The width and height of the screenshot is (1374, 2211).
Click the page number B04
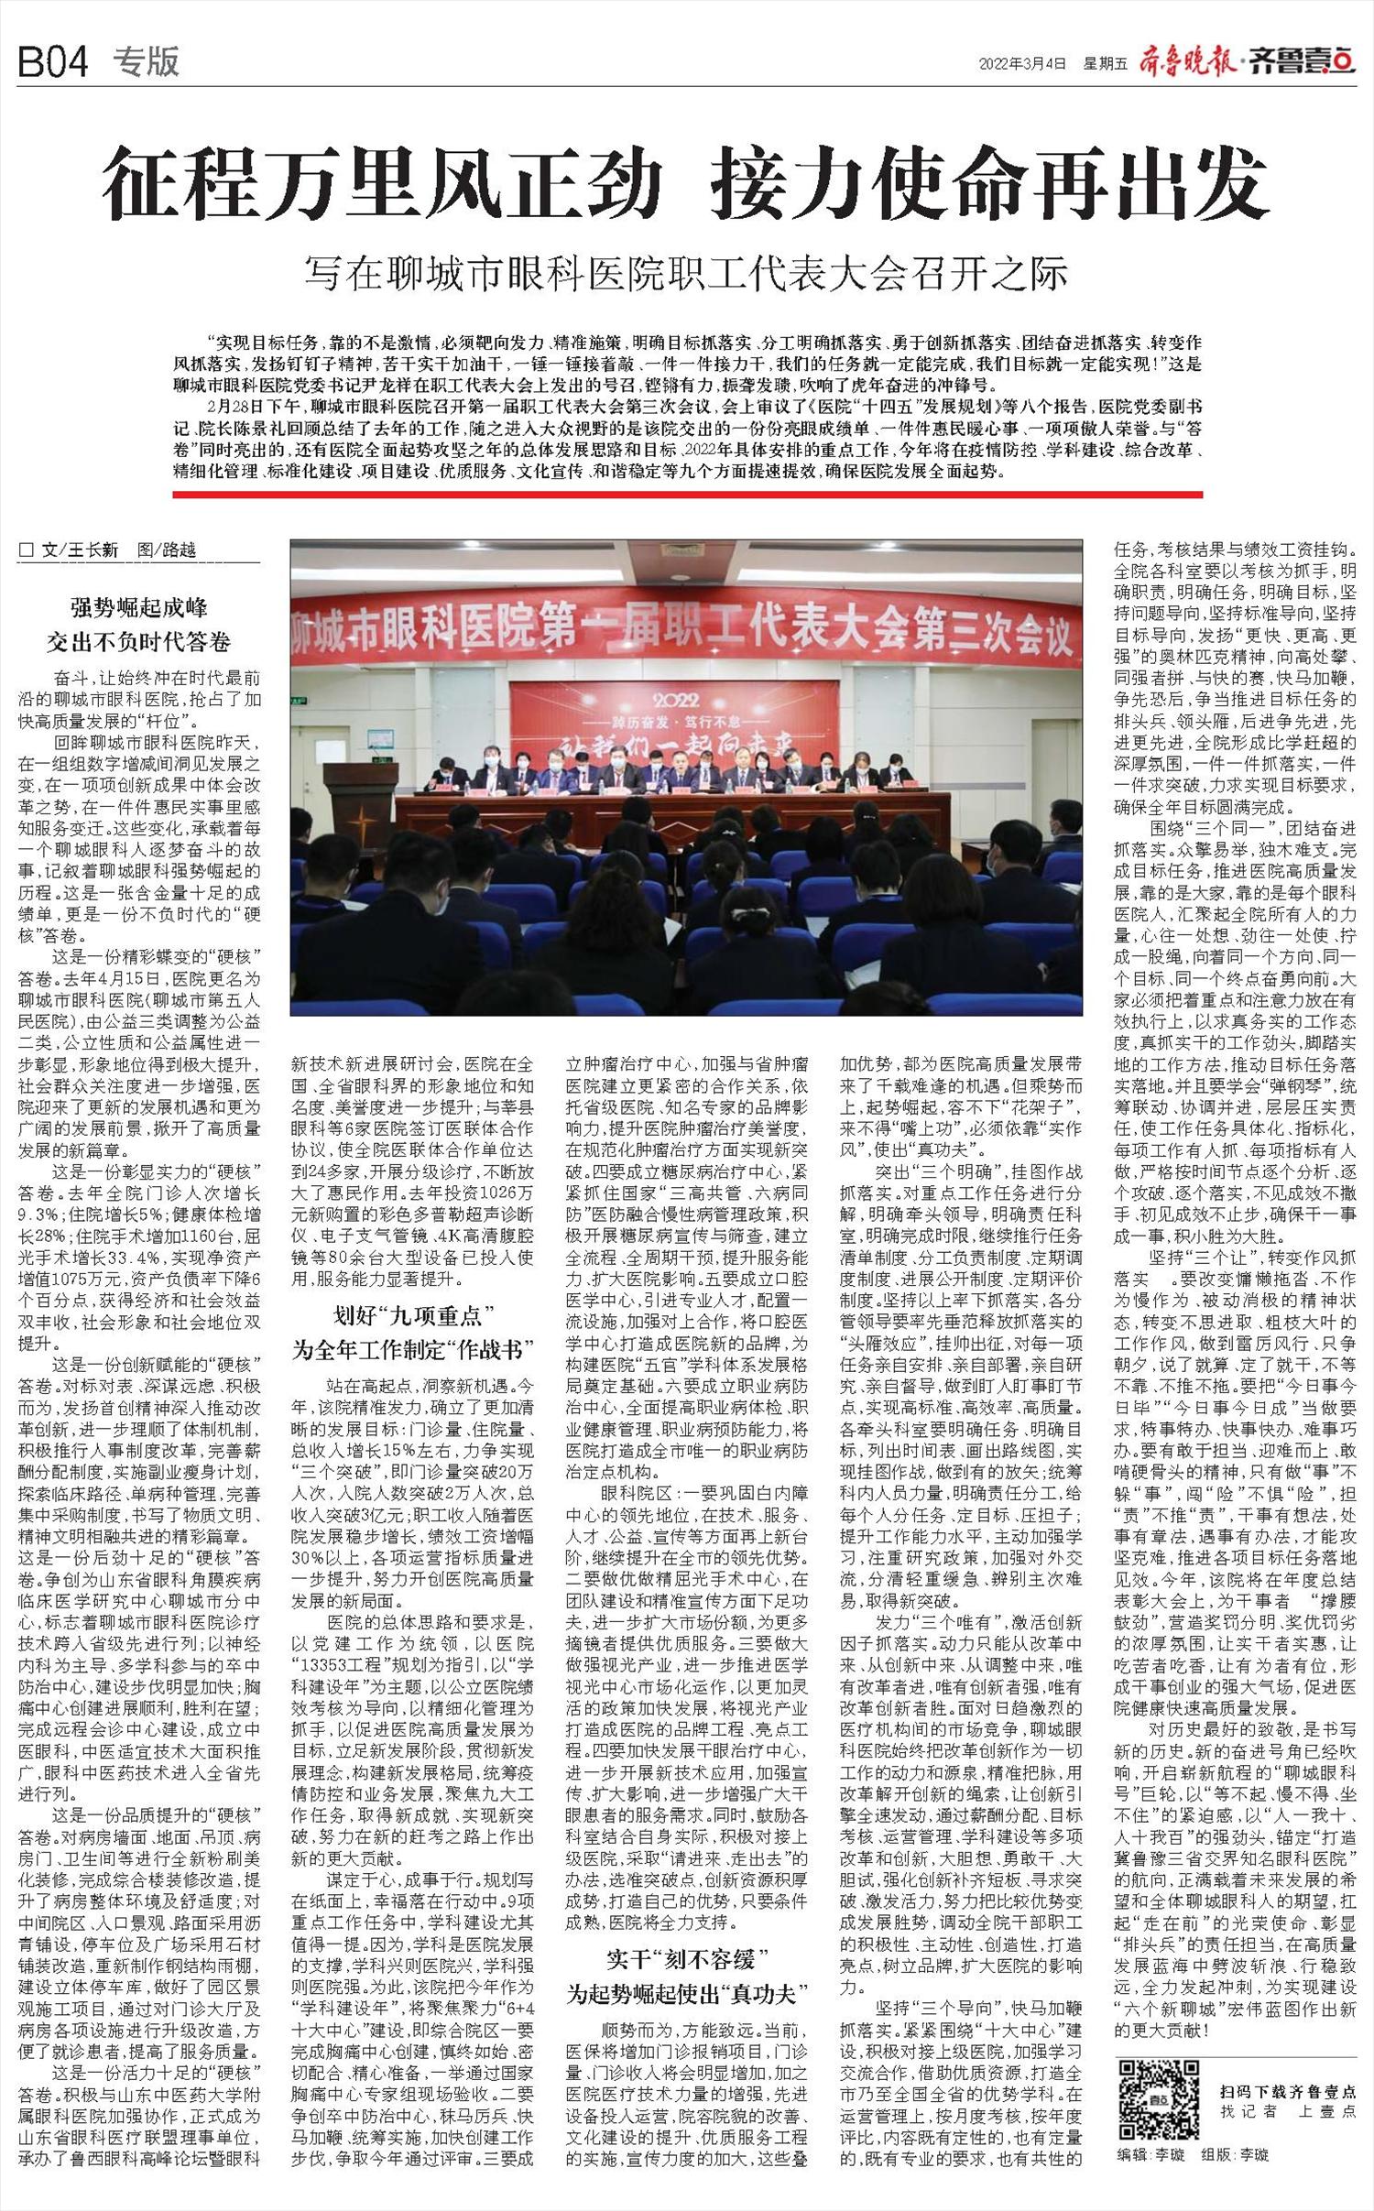53,62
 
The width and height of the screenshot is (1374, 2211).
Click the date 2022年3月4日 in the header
1022,63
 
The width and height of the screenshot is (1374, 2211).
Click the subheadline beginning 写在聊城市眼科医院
687,273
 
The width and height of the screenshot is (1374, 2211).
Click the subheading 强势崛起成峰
139,607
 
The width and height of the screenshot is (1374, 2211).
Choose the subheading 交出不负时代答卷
139,641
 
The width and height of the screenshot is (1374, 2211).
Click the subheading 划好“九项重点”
412,1317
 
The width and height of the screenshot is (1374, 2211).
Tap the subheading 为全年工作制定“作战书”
412,1349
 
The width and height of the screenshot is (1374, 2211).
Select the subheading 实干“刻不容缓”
687,1960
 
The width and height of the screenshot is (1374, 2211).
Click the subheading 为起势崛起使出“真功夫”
687,1993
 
